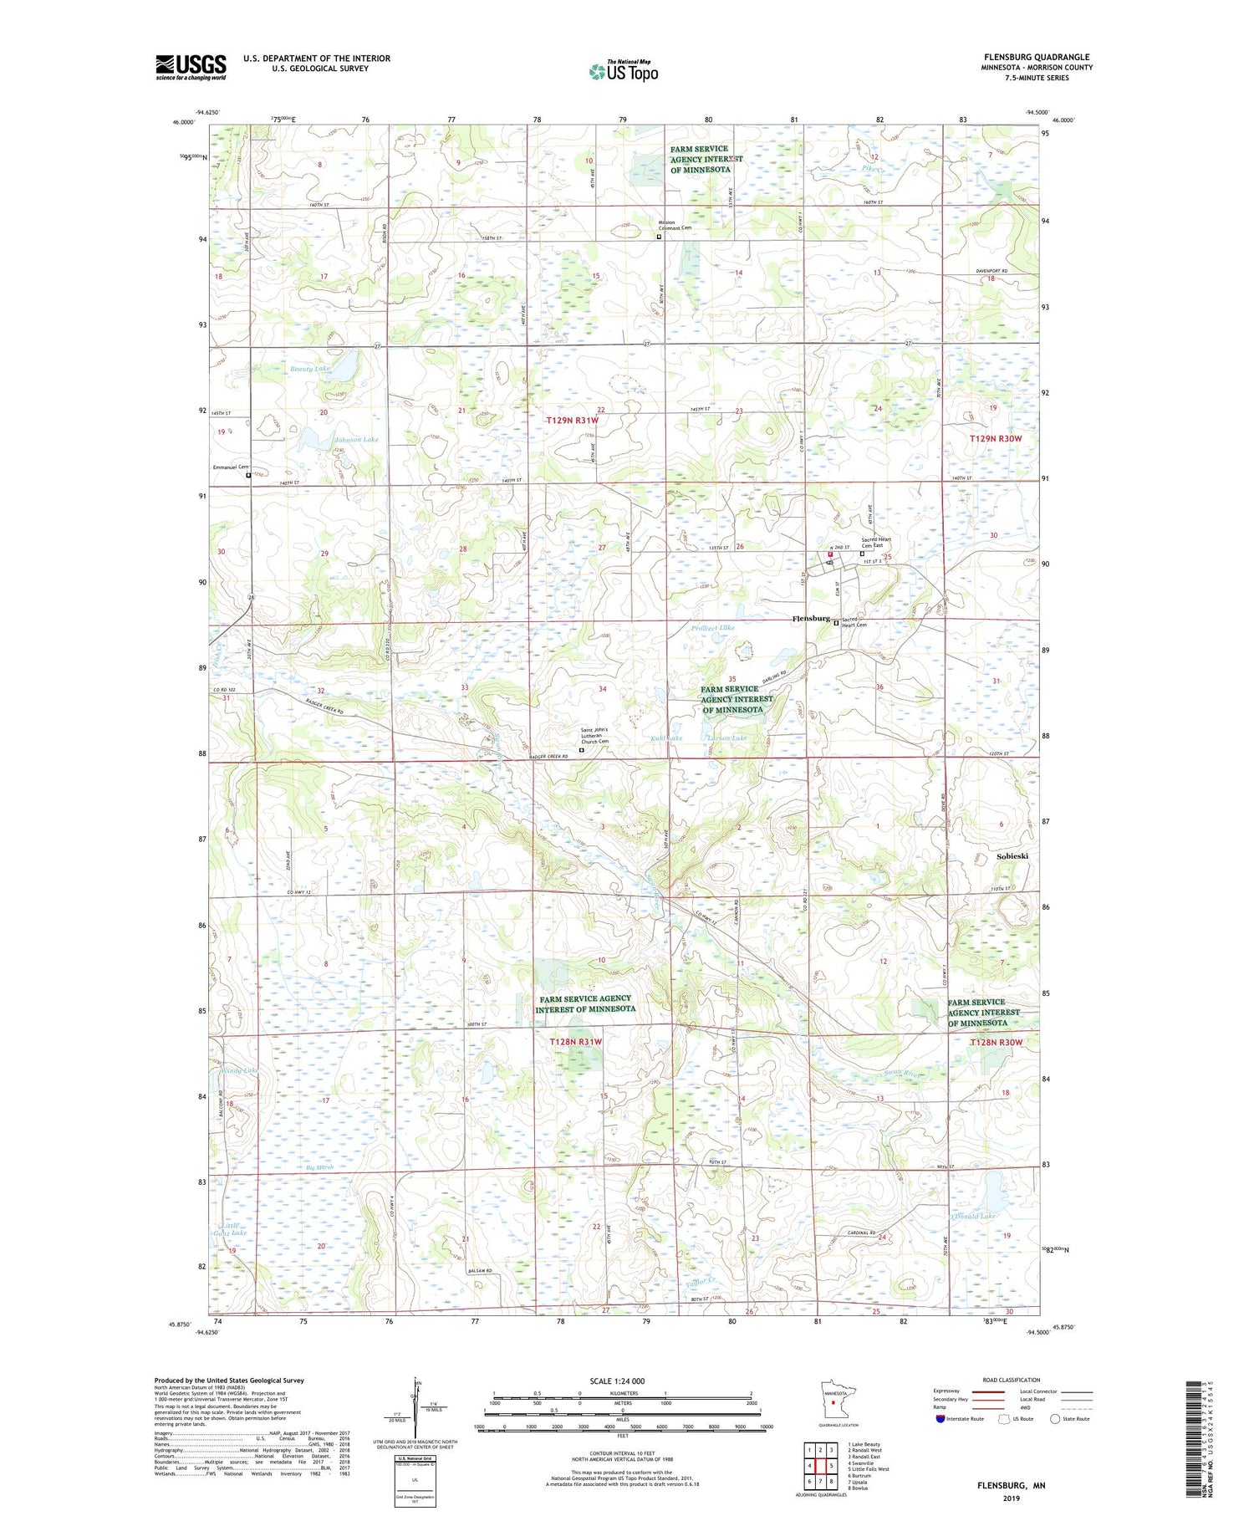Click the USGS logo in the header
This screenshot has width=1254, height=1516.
pos(191,67)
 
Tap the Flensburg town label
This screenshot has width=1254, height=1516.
pos(810,619)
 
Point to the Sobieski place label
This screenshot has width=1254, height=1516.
pos(1012,856)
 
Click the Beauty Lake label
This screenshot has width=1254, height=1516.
pos(310,368)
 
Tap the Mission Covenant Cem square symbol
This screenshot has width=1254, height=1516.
pos(659,237)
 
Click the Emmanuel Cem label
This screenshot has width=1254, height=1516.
pos(231,467)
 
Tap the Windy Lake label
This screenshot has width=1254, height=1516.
pos(238,1069)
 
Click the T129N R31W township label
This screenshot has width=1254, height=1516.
pos(572,421)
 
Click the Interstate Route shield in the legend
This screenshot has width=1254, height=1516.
pos(941,1419)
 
